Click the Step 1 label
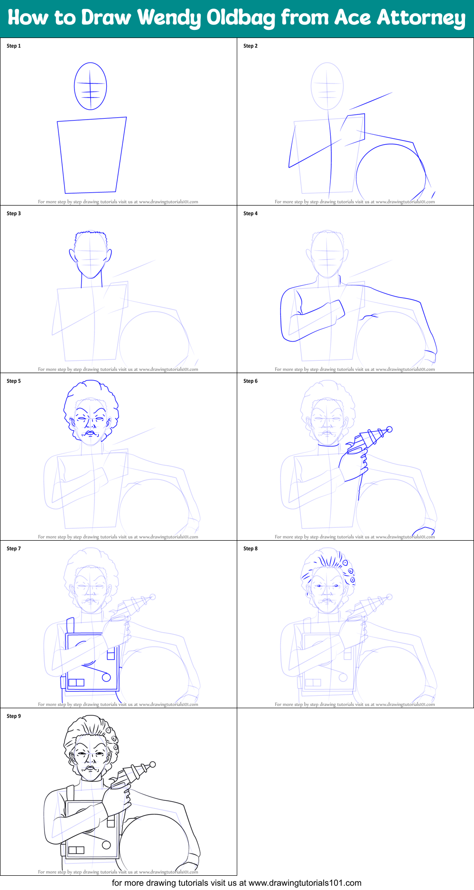[x=14, y=46]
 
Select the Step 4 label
[x=251, y=214]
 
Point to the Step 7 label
[x=14, y=549]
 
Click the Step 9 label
[x=14, y=716]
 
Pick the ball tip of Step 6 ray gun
[x=390, y=430]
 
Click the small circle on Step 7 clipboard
[x=106, y=677]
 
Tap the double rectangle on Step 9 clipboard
[x=76, y=850]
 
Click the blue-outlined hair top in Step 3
[x=91, y=235]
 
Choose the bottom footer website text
[x=237, y=883]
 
